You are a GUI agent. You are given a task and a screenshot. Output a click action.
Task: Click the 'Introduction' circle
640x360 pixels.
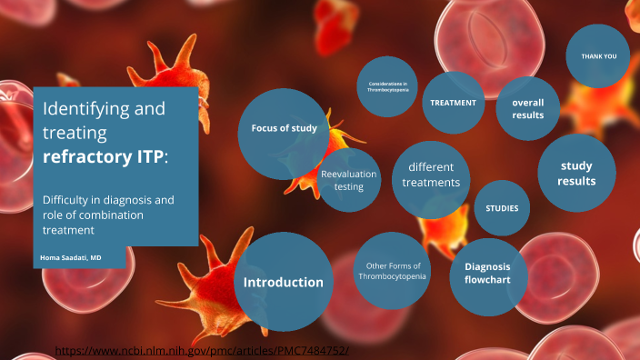283,282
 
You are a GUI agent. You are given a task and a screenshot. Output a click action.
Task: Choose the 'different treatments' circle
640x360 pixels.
431,175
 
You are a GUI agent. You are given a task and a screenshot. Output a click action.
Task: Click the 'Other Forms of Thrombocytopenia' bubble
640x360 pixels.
392,271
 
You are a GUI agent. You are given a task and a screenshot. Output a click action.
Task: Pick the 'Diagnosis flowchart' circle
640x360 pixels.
488,273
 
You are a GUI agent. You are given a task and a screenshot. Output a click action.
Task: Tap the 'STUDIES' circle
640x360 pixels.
502,208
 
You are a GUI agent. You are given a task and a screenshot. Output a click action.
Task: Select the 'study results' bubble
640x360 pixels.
576,174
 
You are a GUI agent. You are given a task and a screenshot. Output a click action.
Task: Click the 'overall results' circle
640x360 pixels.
527,109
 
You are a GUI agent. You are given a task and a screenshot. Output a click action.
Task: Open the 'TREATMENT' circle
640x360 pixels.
453,103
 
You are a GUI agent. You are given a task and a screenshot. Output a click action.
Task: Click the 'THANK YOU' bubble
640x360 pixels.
598,56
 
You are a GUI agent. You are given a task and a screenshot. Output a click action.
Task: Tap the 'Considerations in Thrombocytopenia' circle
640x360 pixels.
387,87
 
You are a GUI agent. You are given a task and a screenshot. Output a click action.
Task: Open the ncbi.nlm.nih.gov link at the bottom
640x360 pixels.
202,349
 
